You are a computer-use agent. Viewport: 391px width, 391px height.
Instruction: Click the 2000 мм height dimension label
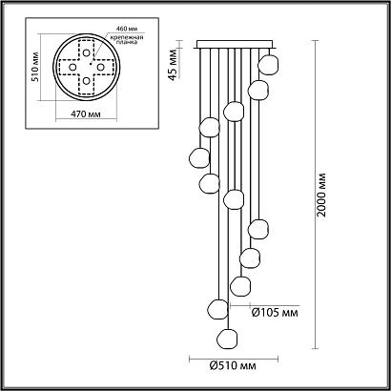click(x=321, y=195)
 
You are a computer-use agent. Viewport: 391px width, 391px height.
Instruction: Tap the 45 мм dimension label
click(x=173, y=65)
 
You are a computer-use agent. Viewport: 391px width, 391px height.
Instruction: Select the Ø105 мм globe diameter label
click(x=275, y=313)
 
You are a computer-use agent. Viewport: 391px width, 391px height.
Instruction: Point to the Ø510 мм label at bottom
click(x=233, y=366)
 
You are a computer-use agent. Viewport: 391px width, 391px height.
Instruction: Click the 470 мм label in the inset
click(x=86, y=113)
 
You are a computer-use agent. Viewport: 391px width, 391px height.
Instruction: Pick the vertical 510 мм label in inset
click(x=35, y=67)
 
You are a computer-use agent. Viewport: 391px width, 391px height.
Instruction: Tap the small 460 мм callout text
click(x=127, y=29)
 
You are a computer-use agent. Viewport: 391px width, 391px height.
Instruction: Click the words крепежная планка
click(x=127, y=39)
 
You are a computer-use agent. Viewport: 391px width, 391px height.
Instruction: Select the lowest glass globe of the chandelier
click(x=227, y=339)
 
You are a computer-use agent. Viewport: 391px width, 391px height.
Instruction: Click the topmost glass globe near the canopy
click(x=268, y=65)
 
